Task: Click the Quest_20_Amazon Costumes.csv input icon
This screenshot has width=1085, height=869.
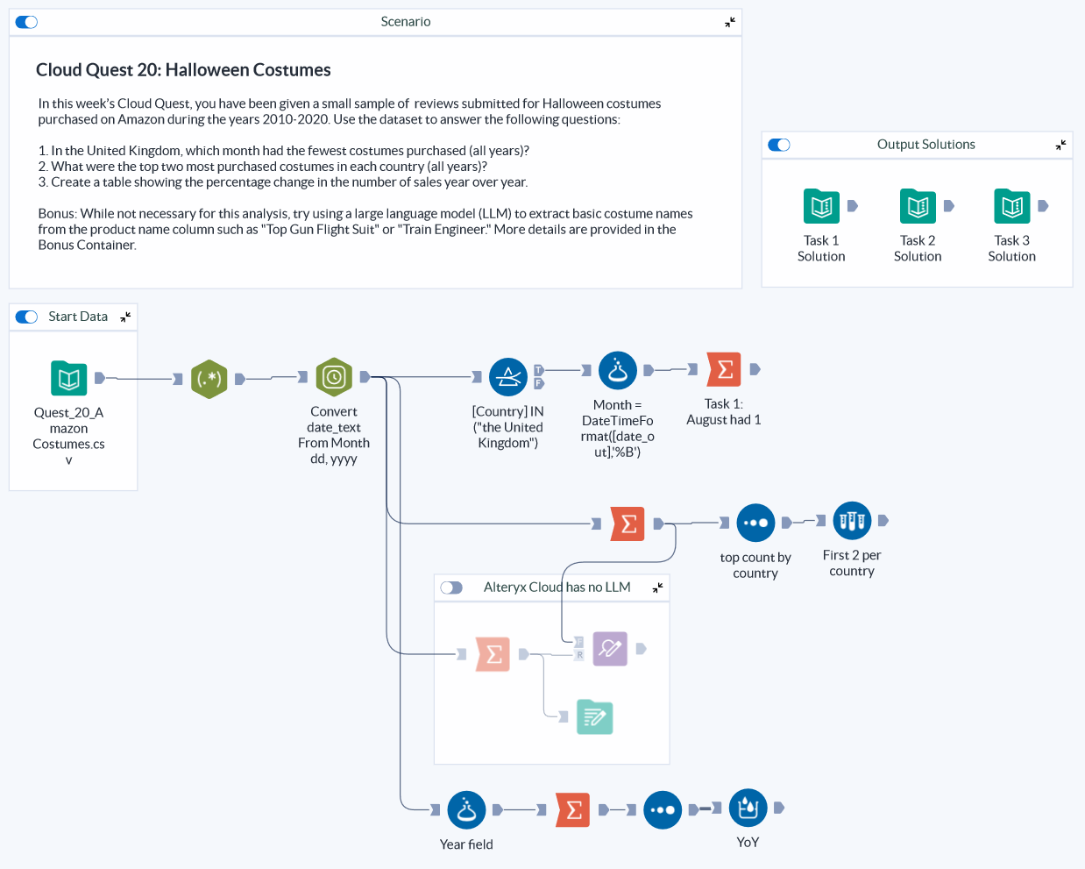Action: [x=68, y=379]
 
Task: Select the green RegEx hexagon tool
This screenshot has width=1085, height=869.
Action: [x=209, y=379]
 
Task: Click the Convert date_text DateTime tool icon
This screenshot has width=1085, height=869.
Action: [x=334, y=378]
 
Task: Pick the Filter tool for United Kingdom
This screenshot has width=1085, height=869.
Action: [x=508, y=378]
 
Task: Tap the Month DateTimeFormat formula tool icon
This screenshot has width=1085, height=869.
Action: [x=617, y=371]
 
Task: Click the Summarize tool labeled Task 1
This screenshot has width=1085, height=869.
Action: [x=725, y=370]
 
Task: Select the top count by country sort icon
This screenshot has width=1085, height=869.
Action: [x=755, y=523]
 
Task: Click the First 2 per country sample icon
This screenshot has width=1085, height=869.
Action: [x=852, y=521]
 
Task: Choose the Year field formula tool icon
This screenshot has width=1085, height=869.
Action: [x=466, y=810]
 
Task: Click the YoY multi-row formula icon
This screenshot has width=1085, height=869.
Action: [x=748, y=808]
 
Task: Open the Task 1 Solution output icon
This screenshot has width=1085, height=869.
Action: [x=821, y=207]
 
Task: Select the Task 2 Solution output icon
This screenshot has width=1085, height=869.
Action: [x=918, y=207]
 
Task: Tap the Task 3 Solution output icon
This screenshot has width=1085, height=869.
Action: [x=1012, y=207]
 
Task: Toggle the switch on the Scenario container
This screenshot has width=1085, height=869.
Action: [x=27, y=22]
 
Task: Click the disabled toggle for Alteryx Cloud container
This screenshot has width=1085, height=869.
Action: [x=451, y=588]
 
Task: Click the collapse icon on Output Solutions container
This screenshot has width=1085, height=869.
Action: [x=1060, y=145]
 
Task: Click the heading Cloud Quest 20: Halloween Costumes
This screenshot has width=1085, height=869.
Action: [x=183, y=70]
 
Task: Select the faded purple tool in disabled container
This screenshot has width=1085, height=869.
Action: [x=610, y=649]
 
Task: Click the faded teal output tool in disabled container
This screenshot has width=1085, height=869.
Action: [x=594, y=717]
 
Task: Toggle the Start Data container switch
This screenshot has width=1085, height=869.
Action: [x=27, y=317]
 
